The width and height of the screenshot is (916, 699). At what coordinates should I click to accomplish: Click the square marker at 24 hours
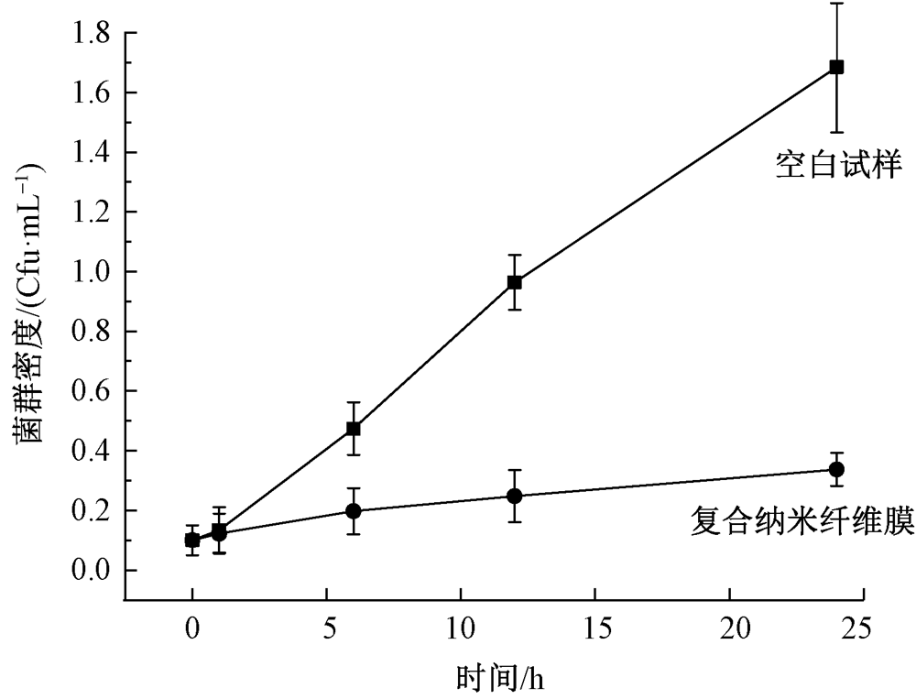tap(836, 67)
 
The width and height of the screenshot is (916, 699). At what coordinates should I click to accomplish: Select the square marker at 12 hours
tap(515, 282)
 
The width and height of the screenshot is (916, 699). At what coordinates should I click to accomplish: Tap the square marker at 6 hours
tap(354, 428)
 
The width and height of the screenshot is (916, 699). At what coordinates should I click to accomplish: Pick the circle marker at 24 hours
tap(836, 469)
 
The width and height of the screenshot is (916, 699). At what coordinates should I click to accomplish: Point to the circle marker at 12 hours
tap(515, 496)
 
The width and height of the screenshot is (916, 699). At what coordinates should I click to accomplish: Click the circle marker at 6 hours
tap(354, 510)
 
